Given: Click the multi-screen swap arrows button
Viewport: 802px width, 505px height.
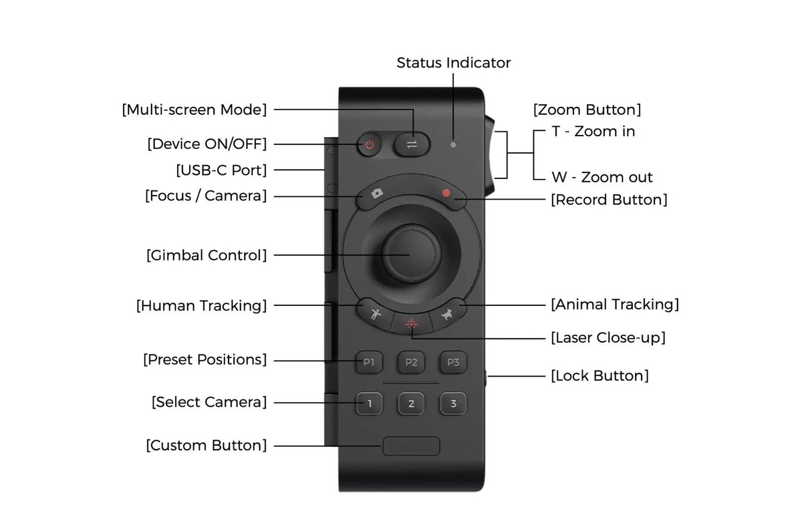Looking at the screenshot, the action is [412, 144].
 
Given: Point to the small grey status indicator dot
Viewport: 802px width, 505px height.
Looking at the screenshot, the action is [453, 145].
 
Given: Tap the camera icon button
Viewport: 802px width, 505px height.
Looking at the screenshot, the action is [377, 194].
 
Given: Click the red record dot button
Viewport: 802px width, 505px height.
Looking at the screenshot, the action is [446, 193].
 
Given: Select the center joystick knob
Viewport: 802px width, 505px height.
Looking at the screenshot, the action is [412, 253].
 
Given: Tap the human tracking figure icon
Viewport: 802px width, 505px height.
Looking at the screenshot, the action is [375, 314].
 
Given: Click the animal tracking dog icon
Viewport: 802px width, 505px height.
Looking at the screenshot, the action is [446, 314].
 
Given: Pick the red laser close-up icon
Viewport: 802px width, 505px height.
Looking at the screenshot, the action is [411, 324].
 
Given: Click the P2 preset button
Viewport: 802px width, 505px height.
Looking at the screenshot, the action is [411, 362].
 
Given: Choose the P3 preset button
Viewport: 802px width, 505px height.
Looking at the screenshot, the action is [453, 362].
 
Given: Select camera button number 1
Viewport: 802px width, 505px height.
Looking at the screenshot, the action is [369, 403].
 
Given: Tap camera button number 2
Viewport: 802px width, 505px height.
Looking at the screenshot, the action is [411, 403].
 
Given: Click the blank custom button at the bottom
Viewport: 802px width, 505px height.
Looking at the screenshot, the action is [411, 446].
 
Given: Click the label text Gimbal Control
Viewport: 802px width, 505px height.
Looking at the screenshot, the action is [207, 256].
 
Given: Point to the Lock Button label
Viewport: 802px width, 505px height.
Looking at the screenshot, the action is [599, 376].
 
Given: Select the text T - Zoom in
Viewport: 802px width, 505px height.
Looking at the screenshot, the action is [593, 132].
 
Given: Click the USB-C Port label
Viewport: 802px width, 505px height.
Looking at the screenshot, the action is [221, 170].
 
